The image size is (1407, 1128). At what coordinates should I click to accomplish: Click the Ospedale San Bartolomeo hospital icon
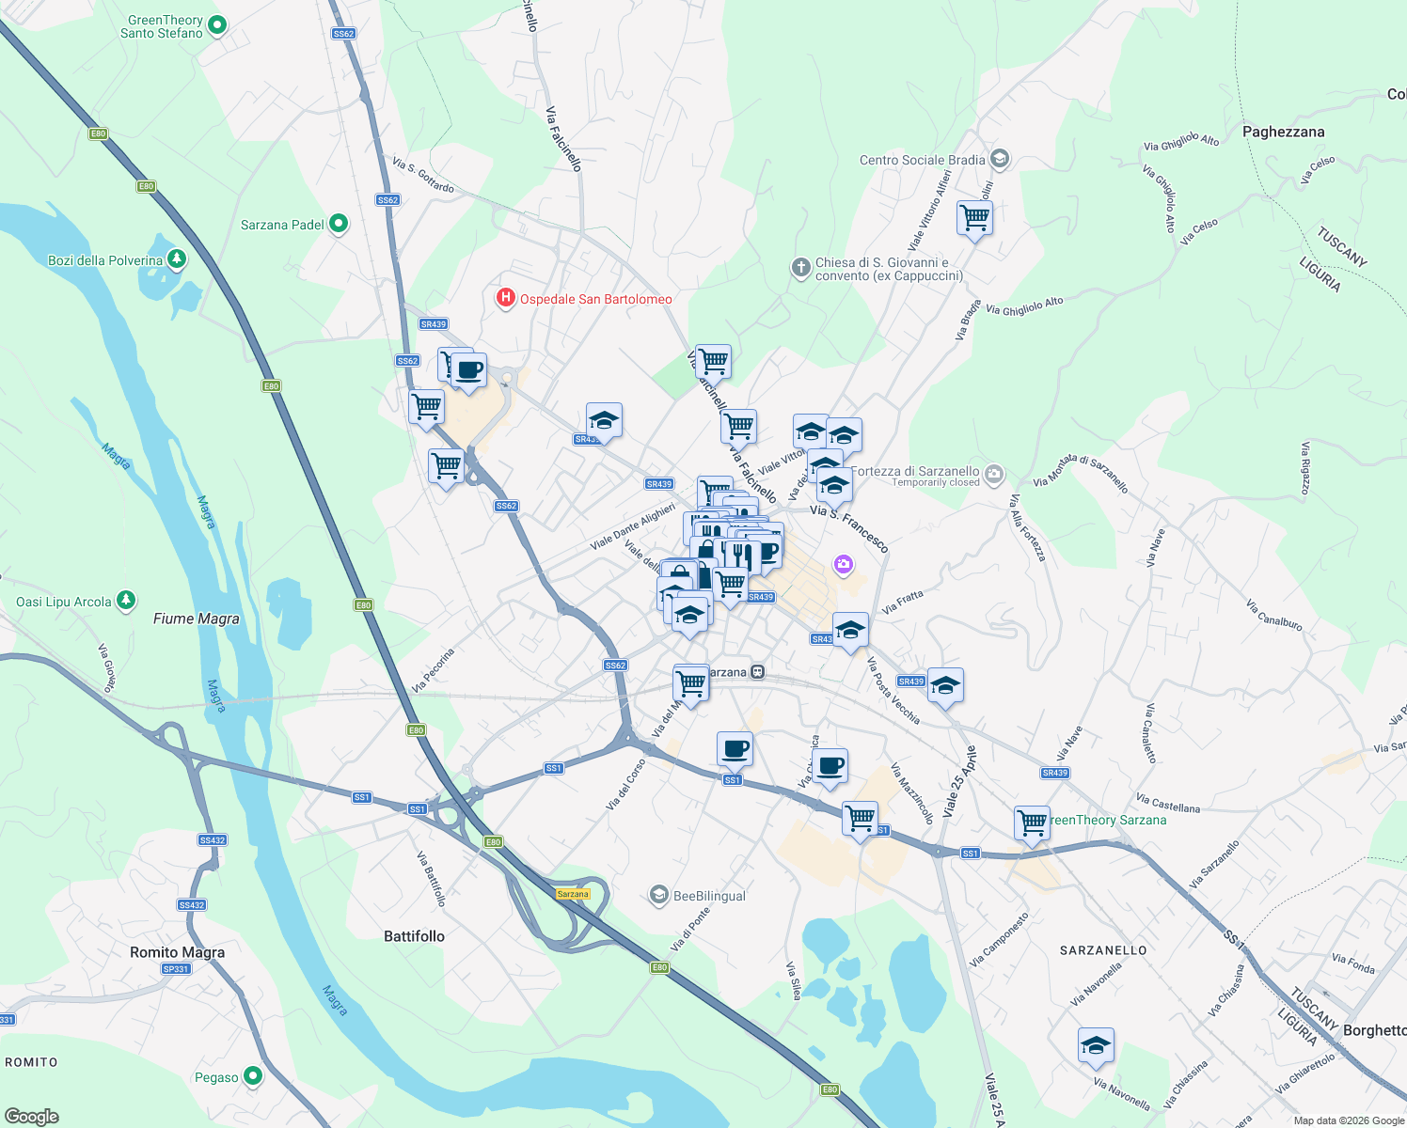(505, 299)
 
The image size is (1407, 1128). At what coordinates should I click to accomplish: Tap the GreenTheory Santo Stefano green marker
(217, 25)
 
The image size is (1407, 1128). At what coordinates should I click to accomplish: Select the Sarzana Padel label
(282, 225)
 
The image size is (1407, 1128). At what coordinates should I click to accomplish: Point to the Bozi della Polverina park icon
(176, 258)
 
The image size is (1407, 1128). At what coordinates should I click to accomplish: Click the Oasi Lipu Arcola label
(64, 602)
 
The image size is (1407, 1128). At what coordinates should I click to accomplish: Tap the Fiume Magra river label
(197, 619)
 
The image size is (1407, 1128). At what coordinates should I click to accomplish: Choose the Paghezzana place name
(1283, 132)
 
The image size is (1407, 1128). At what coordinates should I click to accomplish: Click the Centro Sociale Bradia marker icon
(1000, 159)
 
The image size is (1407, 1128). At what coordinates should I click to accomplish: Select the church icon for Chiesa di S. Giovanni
(800, 269)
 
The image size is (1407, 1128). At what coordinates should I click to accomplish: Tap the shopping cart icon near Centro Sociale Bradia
(974, 218)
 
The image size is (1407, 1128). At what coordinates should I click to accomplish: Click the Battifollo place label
(414, 936)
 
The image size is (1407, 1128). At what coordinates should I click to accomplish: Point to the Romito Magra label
(177, 952)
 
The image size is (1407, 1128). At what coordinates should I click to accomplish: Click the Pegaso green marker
(253, 1076)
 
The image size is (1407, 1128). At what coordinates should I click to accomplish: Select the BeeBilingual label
(709, 896)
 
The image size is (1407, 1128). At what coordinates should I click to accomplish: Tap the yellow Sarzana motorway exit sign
(573, 894)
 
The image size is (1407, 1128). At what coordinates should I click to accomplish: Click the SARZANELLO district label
(1103, 950)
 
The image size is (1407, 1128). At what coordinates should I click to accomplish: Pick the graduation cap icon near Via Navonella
(1096, 1045)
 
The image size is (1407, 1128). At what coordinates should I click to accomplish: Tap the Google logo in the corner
(31, 1116)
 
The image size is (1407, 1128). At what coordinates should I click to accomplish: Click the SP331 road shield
(176, 969)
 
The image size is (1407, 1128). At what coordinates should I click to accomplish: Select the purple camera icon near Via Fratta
(844, 564)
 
